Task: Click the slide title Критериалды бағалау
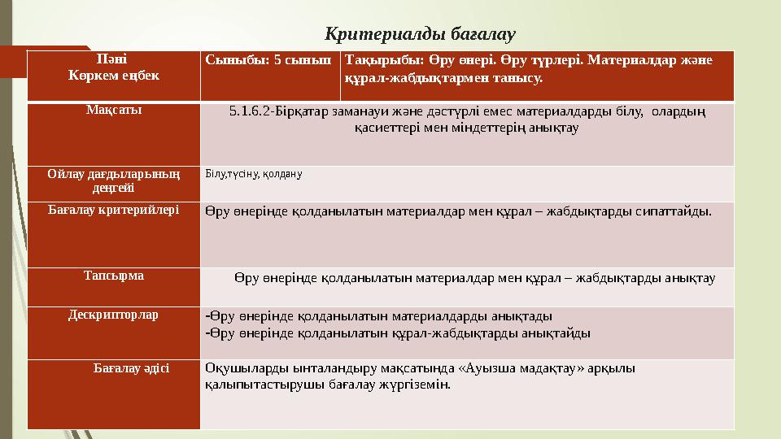click(x=421, y=34)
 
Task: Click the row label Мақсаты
click(x=113, y=111)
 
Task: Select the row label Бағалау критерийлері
click(x=113, y=210)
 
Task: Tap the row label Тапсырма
click(x=113, y=275)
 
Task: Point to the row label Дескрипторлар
click(x=113, y=314)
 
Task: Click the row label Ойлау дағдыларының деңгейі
click(x=113, y=180)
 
